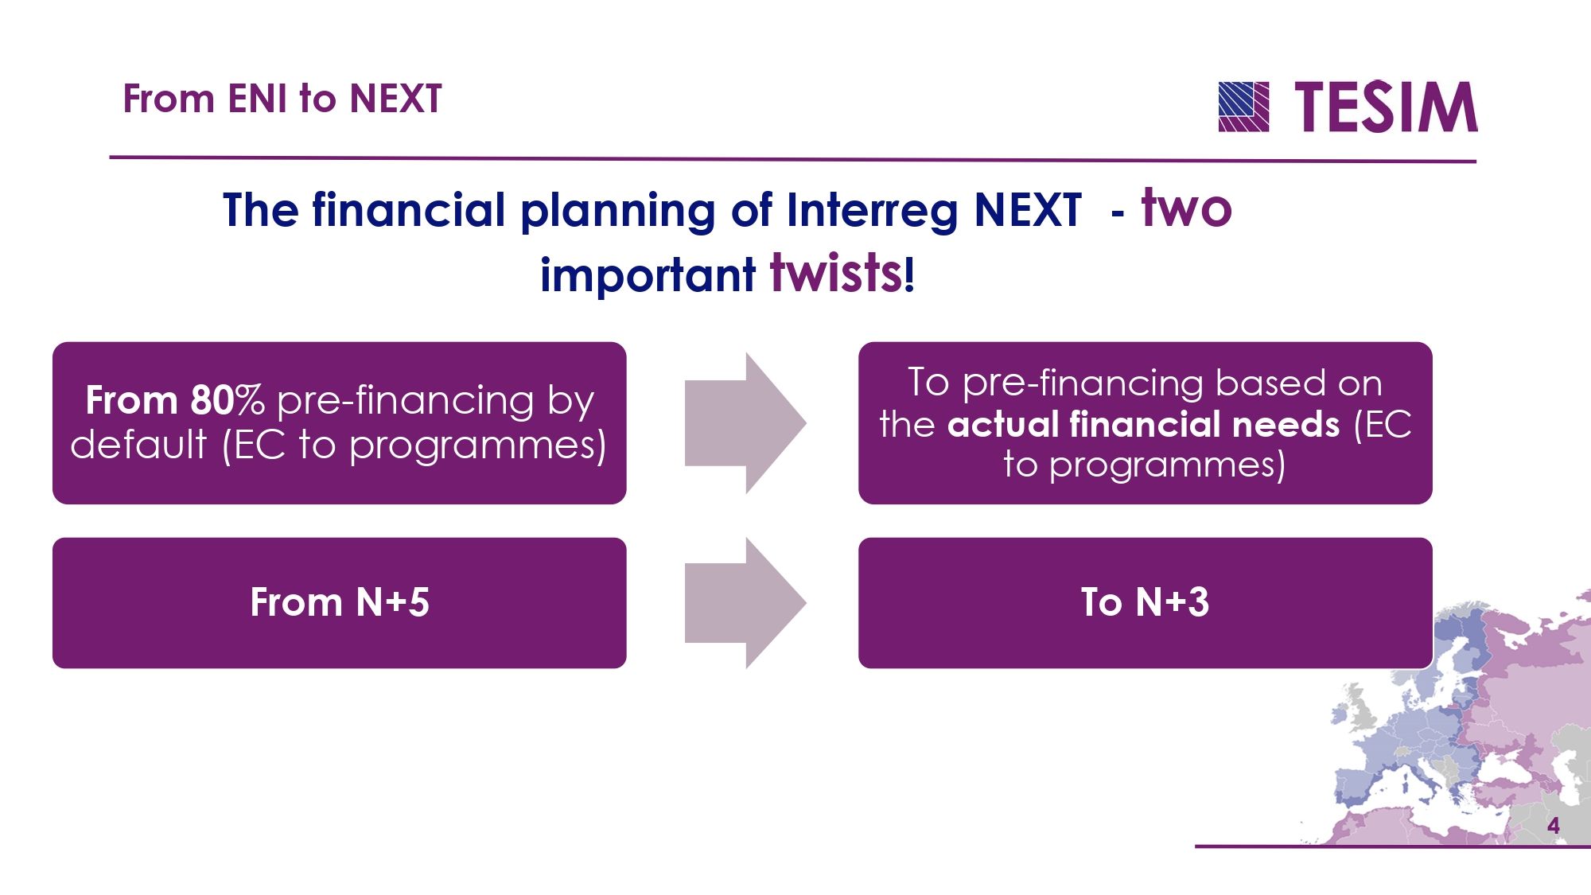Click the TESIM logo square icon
point(1243,107)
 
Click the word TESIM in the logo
point(1386,107)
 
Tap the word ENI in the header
point(257,99)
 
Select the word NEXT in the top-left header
point(395,99)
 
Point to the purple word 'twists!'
point(842,273)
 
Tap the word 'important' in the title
point(648,275)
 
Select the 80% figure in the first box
point(227,400)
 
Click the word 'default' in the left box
point(138,444)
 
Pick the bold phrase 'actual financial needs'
point(1143,424)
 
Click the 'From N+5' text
point(340,602)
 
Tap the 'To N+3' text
point(1145,602)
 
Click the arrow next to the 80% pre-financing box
point(745,423)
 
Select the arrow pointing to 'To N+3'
point(745,603)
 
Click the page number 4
point(1553,826)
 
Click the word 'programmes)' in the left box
point(477,446)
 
